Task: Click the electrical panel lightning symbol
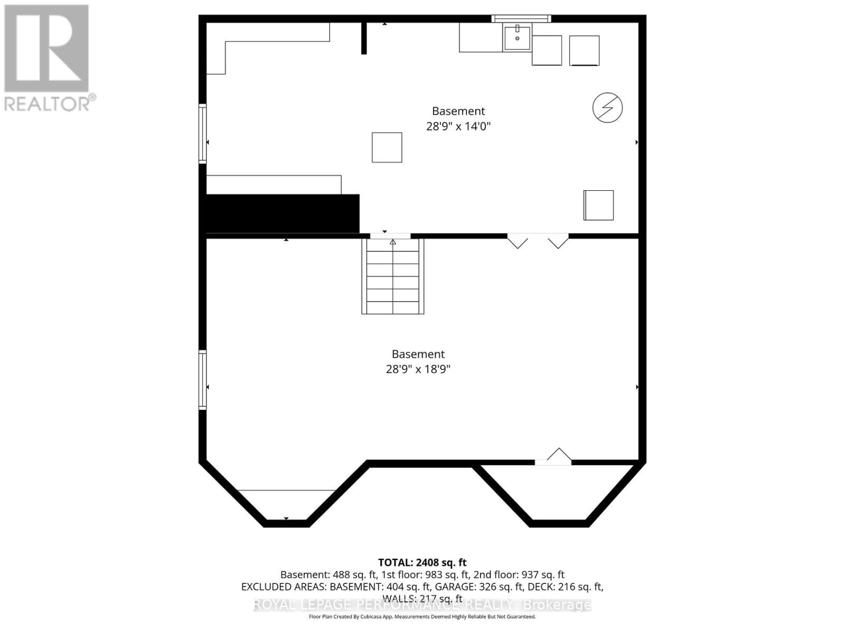(607, 107)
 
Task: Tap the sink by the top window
(517, 38)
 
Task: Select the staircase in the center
(393, 276)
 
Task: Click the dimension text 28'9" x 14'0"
(458, 126)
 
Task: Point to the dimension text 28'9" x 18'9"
(418, 369)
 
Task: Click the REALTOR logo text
(50, 103)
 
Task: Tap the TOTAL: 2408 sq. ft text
(422, 563)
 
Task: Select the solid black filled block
(282, 213)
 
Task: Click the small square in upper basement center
(387, 147)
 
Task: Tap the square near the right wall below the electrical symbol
(598, 205)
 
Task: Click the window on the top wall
(521, 18)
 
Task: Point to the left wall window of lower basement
(202, 379)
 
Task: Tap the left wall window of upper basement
(202, 133)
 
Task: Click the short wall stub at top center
(364, 38)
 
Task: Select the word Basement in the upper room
(458, 111)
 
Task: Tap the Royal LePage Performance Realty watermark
(422, 605)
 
